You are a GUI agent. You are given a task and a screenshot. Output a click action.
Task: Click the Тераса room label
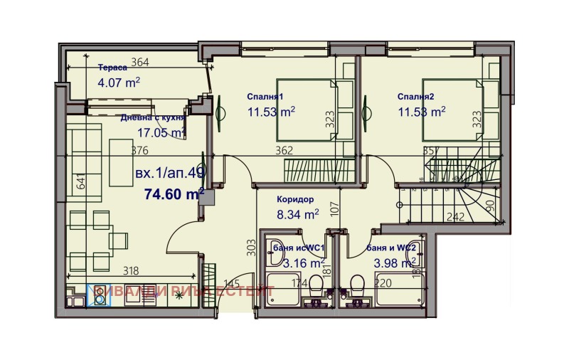[x=112, y=68]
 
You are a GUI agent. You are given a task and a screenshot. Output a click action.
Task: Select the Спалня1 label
[x=265, y=97]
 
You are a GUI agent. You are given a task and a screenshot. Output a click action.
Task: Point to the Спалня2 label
[x=416, y=97]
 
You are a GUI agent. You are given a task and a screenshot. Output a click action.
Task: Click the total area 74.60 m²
[x=174, y=194]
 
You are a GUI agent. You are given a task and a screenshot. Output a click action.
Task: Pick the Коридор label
[x=294, y=200]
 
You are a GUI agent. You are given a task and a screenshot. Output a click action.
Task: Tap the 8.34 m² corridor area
[x=297, y=213]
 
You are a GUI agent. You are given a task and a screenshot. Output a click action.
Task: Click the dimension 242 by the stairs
[x=455, y=217]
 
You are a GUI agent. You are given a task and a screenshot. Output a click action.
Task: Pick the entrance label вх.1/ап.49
[x=169, y=173]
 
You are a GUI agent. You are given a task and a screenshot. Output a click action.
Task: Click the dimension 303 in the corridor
[x=250, y=246]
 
